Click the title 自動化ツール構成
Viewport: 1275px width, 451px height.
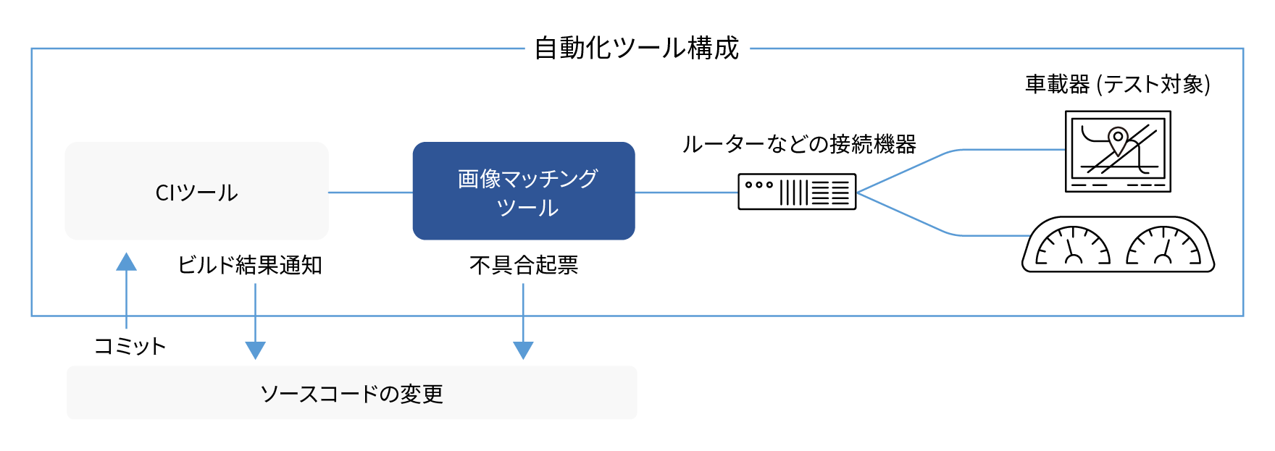click(636, 49)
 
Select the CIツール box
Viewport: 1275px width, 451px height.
click(196, 192)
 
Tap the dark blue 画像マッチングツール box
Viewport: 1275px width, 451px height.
click(524, 192)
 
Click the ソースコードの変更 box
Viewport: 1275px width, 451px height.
click(352, 393)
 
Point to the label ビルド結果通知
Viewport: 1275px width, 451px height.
click(250, 265)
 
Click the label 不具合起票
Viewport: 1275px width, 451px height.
click(523, 265)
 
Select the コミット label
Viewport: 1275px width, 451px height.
click(130, 346)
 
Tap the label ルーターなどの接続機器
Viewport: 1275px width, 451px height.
click(798, 144)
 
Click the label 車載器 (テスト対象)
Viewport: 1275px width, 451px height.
click(1117, 85)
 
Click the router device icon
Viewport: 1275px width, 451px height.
click(797, 192)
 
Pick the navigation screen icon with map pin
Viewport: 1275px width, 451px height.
click(1118, 151)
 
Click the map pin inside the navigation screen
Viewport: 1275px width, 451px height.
click(1118, 139)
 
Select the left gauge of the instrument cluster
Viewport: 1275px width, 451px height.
click(1073, 246)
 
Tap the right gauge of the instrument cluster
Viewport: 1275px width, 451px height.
click(1163, 246)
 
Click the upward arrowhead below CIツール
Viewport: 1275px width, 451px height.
click(127, 262)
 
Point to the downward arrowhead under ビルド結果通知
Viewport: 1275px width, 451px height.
click(255, 350)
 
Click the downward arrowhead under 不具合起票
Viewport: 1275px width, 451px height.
click(523, 350)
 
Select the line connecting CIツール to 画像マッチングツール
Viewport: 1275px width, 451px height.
click(370, 193)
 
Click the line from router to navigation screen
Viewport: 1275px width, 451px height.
click(1007, 150)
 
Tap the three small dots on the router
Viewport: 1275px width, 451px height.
click(758, 185)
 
